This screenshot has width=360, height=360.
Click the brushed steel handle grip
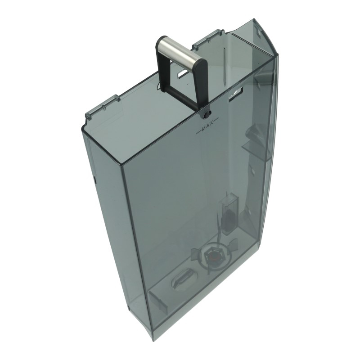tap(181, 50)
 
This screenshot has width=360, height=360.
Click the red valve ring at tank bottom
tap(211, 256)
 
